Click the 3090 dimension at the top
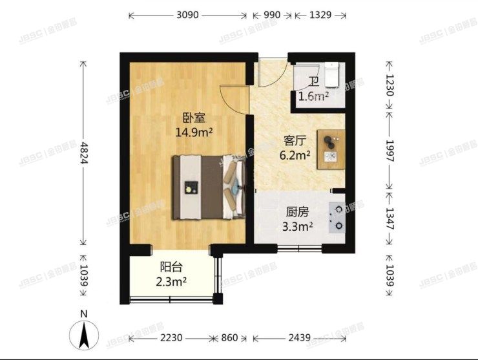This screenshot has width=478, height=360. [187, 14]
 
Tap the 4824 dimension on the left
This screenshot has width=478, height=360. [84, 153]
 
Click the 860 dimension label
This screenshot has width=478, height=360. [230, 337]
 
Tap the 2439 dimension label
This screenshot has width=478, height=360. [299, 337]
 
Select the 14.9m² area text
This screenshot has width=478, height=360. [194, 132]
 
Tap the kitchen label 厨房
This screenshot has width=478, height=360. [298, 211]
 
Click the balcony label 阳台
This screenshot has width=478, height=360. [172, 268]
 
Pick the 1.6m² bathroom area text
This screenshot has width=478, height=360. [313, 97]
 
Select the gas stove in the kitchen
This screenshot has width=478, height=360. [337, 217]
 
